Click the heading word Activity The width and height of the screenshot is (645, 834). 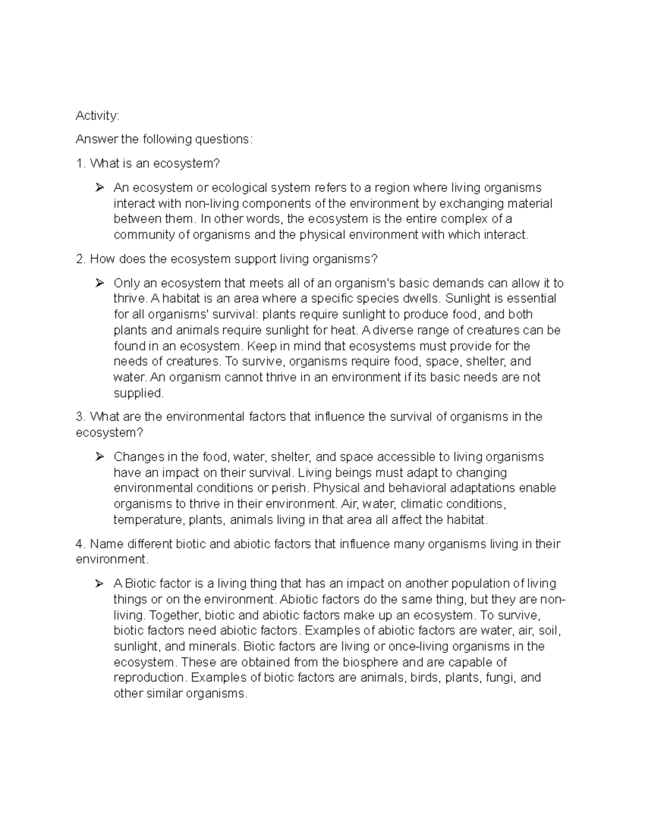pyautogui.click(x=97, y=115)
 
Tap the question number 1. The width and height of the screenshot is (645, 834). pyautogui.click(x=80, y=164)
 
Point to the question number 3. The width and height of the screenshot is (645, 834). pyautogui.click(x=80, y=417)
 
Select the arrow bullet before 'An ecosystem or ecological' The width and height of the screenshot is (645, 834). pyautogui.click(x=99, y=188)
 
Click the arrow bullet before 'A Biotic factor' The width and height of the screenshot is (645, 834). pyautogui.click(x=99, y=584)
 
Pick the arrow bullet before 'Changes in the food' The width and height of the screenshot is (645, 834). pyautogui.click(x=99, y=457)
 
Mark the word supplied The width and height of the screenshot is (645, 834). pyautogui.click(x=138, y=394)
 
